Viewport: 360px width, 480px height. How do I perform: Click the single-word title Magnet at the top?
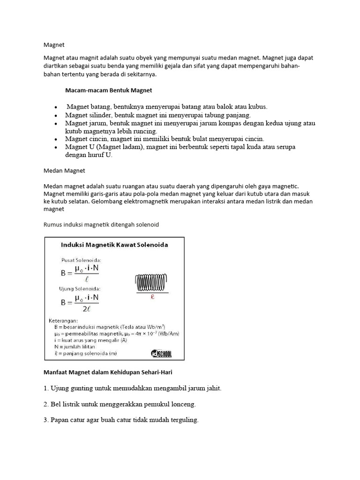point(53,45)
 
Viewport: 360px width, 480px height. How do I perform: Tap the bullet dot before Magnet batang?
point(56,107)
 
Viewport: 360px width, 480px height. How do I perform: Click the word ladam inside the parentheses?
point(133,147)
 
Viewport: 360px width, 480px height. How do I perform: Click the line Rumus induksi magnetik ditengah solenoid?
point(101,225)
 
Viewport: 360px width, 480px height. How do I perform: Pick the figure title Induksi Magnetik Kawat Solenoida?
point(115,245)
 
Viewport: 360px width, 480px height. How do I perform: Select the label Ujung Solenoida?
point(80,288)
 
